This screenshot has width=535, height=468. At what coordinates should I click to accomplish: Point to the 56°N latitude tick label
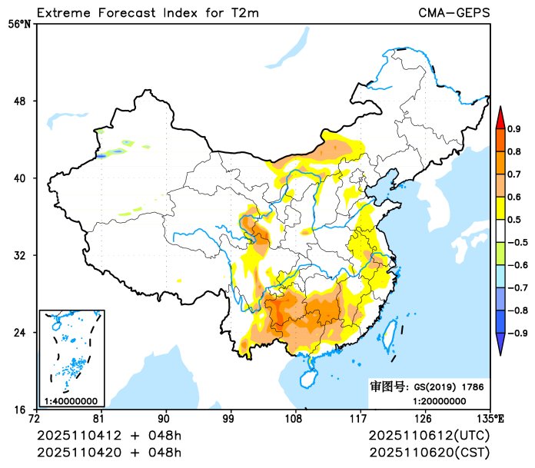point(19,24)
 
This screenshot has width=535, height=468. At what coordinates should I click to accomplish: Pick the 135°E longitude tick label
point(490,419)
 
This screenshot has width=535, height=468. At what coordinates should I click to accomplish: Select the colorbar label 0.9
point(514,128)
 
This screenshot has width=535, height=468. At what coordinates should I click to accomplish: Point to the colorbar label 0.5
point(514,219)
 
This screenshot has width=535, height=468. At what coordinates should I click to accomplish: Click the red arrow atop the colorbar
point(500,117)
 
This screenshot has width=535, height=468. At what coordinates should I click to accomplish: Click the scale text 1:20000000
point(440,400)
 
